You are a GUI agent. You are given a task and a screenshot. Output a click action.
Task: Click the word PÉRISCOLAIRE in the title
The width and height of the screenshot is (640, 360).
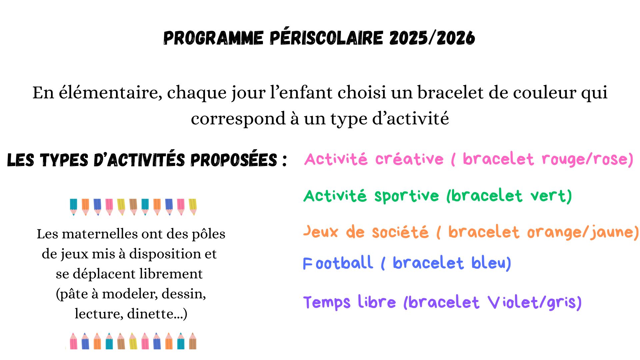point(327,37)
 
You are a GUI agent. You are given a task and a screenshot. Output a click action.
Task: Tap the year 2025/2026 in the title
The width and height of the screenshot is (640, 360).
point(432,38)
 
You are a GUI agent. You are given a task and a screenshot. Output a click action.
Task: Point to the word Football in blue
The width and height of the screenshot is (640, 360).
point(338,263)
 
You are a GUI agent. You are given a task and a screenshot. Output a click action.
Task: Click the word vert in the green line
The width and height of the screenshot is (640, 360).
point(551,196)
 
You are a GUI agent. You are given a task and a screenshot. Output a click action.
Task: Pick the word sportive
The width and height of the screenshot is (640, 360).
point(407,196)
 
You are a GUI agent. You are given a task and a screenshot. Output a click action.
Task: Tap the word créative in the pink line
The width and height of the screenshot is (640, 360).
point(409,159)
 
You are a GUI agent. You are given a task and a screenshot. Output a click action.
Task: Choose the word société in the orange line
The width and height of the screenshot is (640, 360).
point(400,232)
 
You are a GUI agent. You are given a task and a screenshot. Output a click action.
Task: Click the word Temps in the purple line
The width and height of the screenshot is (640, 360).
point(327,303)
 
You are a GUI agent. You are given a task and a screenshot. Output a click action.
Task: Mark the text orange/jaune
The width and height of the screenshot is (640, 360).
point(583,232)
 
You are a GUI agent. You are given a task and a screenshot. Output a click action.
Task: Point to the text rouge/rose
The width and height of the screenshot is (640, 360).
point(587,159)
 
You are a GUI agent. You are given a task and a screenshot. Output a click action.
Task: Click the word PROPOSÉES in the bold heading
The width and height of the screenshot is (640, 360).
point(234,160)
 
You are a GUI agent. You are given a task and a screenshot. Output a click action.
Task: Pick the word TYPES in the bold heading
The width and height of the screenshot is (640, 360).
point(64,160)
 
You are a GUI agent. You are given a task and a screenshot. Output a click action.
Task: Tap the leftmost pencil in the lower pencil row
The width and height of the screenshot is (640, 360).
point(74,341)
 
